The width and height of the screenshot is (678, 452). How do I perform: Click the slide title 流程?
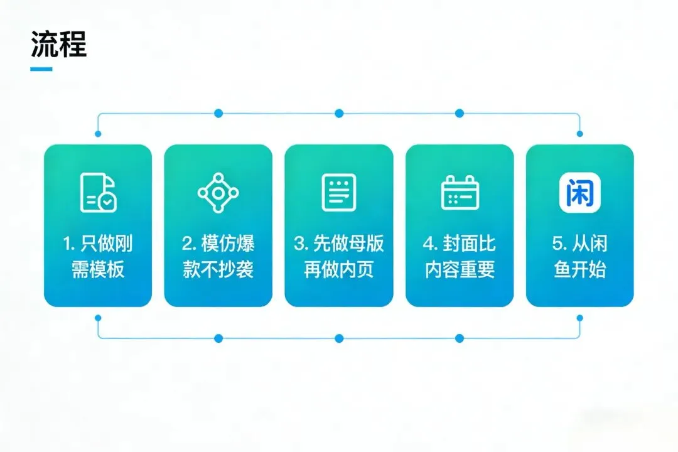[x=58, y=45]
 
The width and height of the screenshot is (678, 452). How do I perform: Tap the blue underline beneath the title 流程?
[x=41, y=69]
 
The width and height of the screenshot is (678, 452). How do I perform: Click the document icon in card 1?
[x=98, y=192]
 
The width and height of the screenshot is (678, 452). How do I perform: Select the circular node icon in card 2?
[x=218, y=192]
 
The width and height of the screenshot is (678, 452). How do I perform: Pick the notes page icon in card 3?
[x=339, y=192]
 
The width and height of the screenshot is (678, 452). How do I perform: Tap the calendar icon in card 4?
[x=460, y=192]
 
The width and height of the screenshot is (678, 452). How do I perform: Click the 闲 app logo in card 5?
[x=580, y=192]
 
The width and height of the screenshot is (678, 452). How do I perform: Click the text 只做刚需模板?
[x=98, y=257]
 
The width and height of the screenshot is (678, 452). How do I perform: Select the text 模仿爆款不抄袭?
[x=218, y=257]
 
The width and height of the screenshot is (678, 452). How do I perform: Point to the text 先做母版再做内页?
[x=339, y=257]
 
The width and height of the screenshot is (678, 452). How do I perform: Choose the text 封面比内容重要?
[x=460, y=257]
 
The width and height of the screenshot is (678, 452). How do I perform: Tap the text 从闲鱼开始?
[x=580, y=257]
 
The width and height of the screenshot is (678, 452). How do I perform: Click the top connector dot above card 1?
[x=98, y=134]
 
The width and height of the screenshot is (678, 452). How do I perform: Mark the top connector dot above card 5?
[x=579, y=134]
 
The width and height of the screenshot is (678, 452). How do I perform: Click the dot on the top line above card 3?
[x=339, y=114]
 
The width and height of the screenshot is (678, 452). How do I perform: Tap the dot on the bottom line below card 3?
[x=339, y=338]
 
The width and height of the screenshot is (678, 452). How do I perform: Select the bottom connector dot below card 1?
[x=98, y=318]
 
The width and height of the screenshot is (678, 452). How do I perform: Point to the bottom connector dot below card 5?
[x=579, y=318]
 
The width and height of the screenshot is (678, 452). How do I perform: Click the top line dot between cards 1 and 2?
[x=218, y=114]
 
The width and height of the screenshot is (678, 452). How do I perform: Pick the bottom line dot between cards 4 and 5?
[x=460, y=338]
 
